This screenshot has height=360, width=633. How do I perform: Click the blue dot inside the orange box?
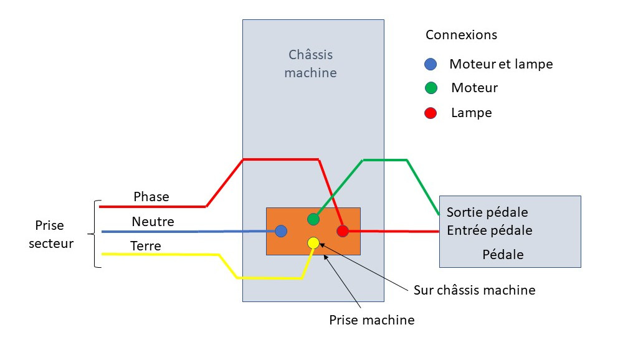click(281, 231)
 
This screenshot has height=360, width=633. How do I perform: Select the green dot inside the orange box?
click(313, 219)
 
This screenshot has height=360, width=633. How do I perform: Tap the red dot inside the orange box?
click(342, 231)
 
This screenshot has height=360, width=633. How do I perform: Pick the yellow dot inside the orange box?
click(313, 243)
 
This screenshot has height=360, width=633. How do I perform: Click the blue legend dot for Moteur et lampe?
click(431, 64)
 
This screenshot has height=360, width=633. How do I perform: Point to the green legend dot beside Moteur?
click(431, 88)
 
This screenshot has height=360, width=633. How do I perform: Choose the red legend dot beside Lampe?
click(431, 113)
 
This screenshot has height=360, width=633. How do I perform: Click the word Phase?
click(151, 197)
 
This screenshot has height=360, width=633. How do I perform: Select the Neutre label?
click(153, 222)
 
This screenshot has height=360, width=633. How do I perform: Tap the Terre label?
click(146, 246)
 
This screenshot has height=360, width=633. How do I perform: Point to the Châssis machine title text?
click(310, 64)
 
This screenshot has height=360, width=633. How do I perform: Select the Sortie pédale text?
click(487, 213)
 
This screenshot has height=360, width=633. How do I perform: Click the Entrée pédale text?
click(490, 230)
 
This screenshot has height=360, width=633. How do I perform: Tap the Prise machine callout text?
click(372, 320)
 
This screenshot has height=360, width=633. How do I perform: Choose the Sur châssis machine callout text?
click(475, 290)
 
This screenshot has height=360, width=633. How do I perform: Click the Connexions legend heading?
click(461, 35)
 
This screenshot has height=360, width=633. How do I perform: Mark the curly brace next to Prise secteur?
click(97, 234)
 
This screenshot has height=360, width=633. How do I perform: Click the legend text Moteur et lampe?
click(501, 64)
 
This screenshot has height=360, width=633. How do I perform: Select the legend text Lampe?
click(472, 113)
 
